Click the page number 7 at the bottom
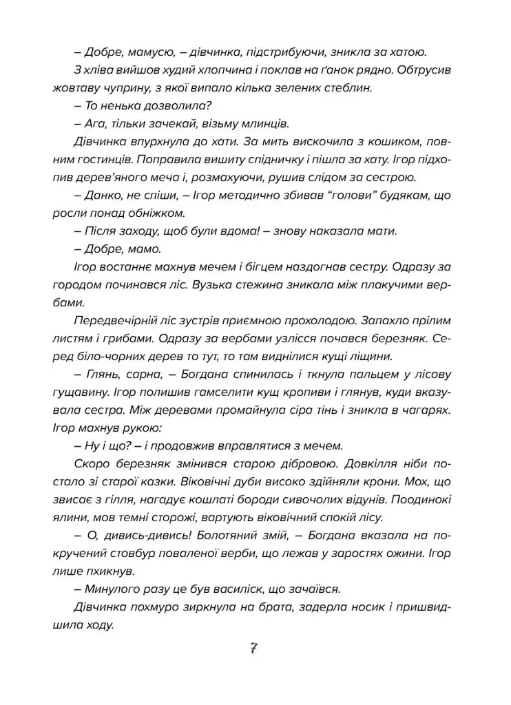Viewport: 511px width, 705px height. point(255,649)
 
